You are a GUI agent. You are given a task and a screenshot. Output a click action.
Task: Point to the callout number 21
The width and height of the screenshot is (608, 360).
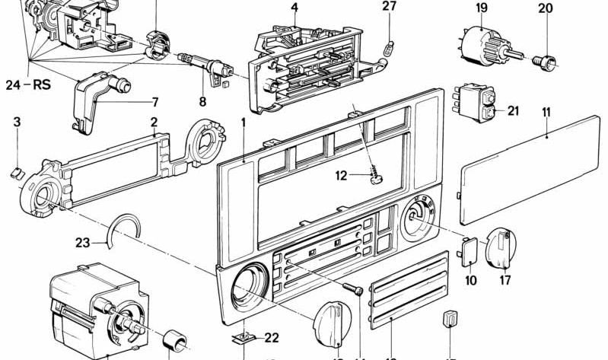coord(513,111)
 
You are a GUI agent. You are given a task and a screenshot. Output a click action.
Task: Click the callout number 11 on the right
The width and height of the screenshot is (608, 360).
coord(546,112)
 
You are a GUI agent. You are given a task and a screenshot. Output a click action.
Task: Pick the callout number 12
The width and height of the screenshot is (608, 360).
coord(342,177)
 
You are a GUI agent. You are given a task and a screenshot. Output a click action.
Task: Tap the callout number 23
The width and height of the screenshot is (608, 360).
coord(83,244)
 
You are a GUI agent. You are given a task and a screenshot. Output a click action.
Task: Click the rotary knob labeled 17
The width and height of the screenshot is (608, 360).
coord(501,249)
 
